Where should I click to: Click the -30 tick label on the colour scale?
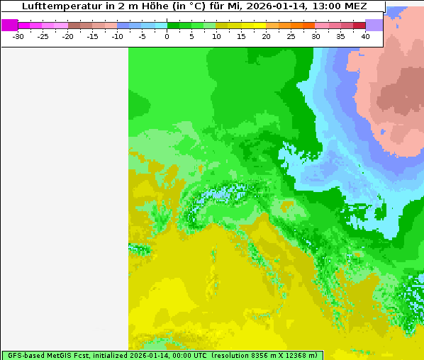pos(18,36)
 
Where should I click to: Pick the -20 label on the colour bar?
pos(68,36)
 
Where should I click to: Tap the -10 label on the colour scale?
pos(117,36)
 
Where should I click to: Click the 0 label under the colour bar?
pos(167,36)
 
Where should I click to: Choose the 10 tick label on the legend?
pos(216,36)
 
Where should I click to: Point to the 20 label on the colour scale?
pos(266,36)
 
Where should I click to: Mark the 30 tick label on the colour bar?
pos(316,36)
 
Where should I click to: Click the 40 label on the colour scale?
pos(365,36)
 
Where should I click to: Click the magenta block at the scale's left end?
pos(10,25)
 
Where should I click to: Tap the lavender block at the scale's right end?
pos(374,25)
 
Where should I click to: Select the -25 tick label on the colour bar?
pos(43,36)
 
